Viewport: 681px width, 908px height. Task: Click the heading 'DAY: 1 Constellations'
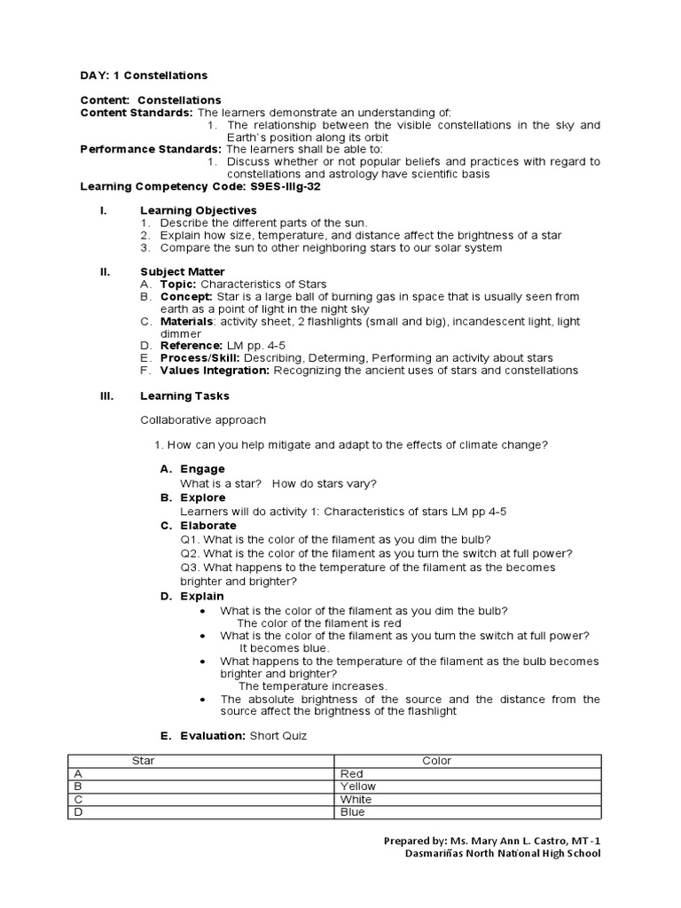pos(145,76)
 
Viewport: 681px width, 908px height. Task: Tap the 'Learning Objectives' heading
pos(198,210)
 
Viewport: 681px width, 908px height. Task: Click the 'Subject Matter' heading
pos(183,271)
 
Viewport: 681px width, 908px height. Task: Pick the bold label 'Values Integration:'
pos(215,370)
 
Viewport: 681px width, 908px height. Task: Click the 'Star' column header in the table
pos(143,761)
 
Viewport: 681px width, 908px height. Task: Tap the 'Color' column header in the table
pos(437,761)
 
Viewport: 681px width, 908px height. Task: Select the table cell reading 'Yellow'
pos(358,787)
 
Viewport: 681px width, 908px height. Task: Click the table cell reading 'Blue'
pos(352,811)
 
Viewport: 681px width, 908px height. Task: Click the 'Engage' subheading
pos(202,468)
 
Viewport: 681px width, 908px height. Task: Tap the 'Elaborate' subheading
pos(208,526)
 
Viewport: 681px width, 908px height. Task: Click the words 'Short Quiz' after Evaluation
pos(278,736)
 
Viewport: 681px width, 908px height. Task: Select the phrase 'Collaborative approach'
pos(203,419)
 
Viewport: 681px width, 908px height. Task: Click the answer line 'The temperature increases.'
pos(312,686)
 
